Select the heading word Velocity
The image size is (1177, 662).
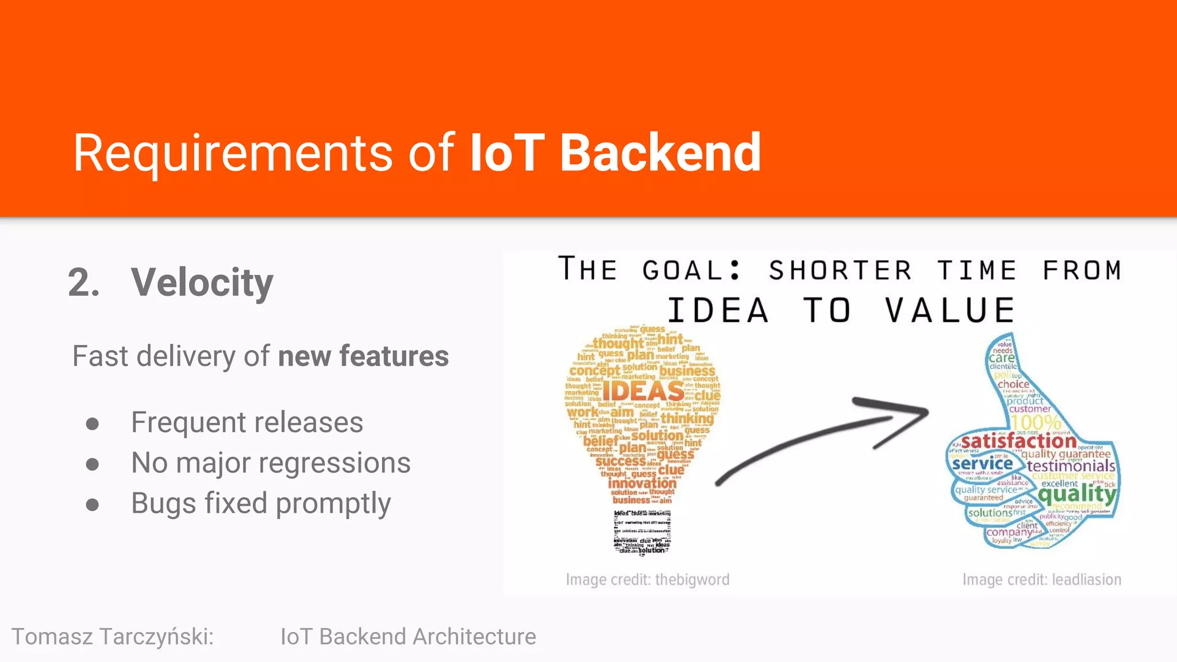pyautogui.click(x=202, y=283)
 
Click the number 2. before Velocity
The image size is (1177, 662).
pyautogui.click(x=84, y=283)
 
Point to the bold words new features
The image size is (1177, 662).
pyautogui.click(x=363, y=356)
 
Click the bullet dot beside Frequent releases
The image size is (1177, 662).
pyautogui.click(x=92, y=424)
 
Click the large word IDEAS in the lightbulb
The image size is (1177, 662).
pyautogui.click(x=643, y=392)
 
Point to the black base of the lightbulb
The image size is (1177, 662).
pyautogui.click(x=642, y=532)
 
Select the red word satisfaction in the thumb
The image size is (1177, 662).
pyautogui.click(x=1018, y=441)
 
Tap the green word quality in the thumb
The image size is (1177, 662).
pyautogui.click(x=1077, y=493)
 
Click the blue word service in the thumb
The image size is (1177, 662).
pyautogui.click(x=982, y=463)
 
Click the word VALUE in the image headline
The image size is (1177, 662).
pyautogui.click(x=949, y=311)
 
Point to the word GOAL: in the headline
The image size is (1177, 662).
pyautogui.click(x=691, y=270)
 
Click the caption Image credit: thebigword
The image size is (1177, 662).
pyautogui.click(x=647, y=579)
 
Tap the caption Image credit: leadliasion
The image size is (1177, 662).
pyautogui.click(x=1041, y=579)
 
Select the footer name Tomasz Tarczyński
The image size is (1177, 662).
pyautogui.click(x=112, y=637)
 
